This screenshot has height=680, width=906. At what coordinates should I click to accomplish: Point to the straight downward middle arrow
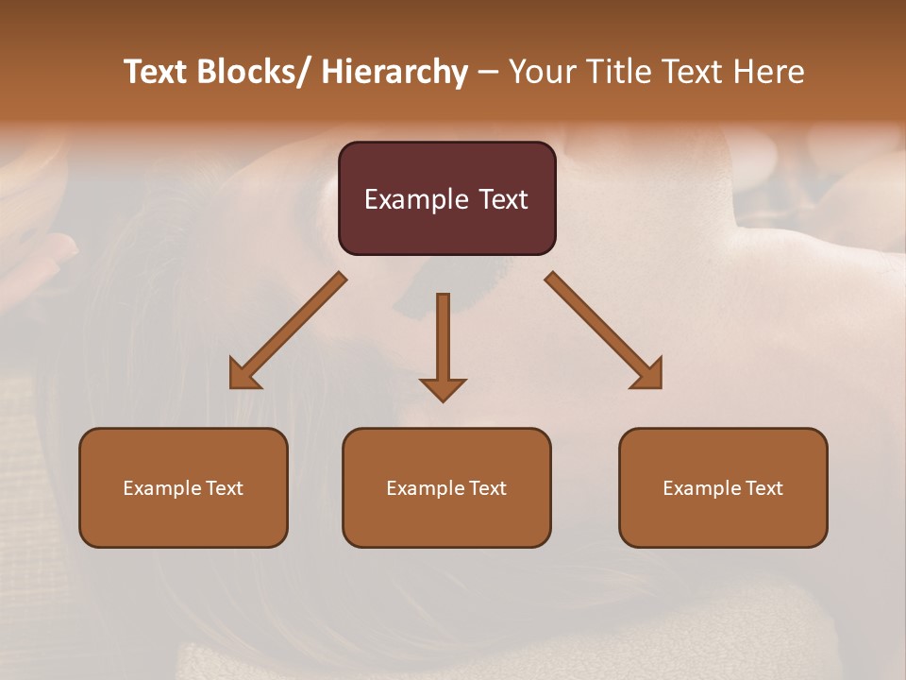click(x=443, y=340)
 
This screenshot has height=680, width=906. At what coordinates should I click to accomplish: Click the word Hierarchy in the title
click(x=394, y=72)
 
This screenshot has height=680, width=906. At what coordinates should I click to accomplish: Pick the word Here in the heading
click(x=770, y=72)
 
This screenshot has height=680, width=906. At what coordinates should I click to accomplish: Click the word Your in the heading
click(x=541, y=72)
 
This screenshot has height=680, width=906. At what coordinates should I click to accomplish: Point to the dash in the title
click(x=488, y=72)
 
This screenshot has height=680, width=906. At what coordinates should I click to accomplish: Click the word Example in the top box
click(x=416, y=199)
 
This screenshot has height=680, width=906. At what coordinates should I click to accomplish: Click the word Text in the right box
click(x=763, y=488)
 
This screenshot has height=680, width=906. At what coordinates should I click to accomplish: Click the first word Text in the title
click(x=158, y=72)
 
